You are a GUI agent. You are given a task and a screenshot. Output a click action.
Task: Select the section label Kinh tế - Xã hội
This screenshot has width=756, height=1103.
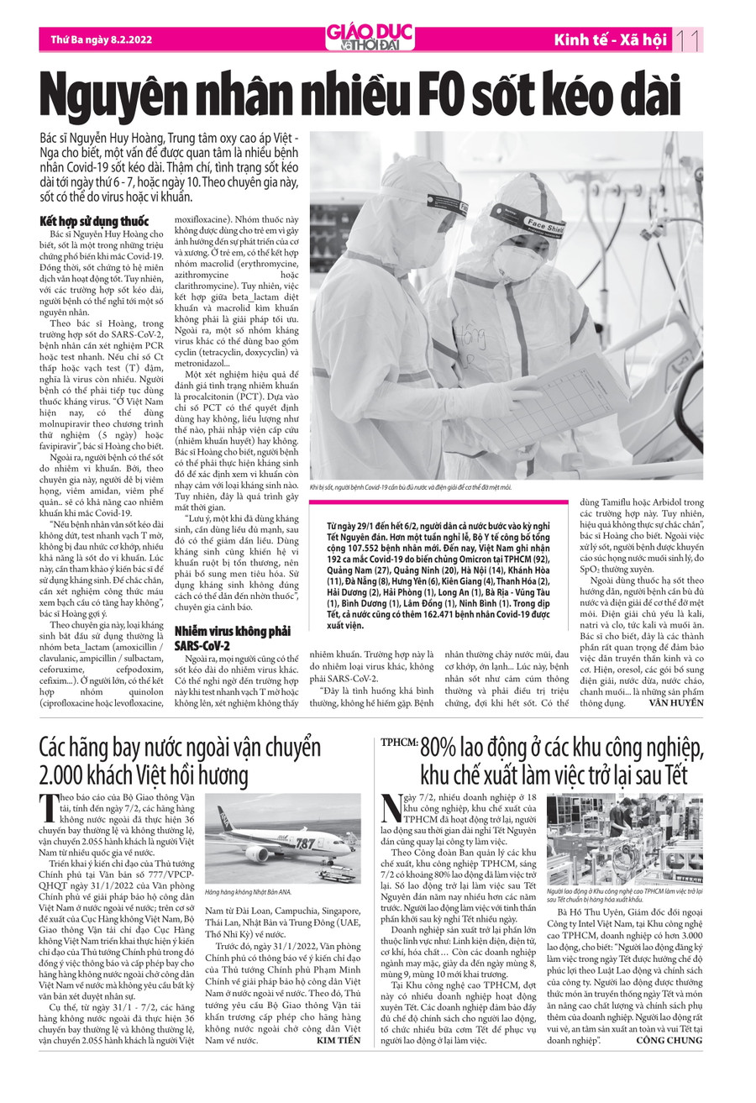pos(610,39)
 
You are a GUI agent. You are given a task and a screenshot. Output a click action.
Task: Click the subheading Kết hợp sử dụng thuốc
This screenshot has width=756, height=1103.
pos(94,221)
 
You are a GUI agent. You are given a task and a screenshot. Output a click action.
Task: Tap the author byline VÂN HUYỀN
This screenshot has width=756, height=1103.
pos(676,702)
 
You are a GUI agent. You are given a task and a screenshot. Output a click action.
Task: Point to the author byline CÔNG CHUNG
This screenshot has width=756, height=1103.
pos(669,1040)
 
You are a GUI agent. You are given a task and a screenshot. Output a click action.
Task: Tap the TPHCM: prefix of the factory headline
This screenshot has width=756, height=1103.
pos(398,744)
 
